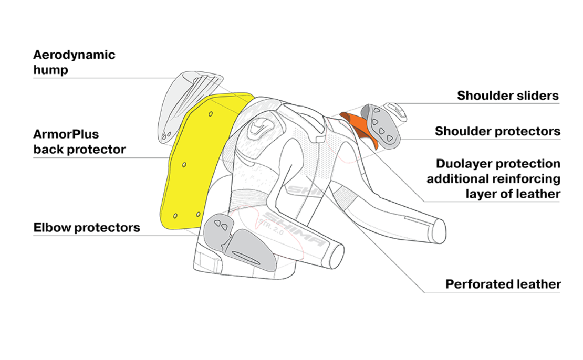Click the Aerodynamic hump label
tap(74, 62)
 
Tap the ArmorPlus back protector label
tap(79, 142)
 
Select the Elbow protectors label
tap(87, 228)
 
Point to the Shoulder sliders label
tap(507, 96)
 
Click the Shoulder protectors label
tap(497, 131)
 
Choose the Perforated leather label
tap(503, 284)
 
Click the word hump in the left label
tap(50, 69)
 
